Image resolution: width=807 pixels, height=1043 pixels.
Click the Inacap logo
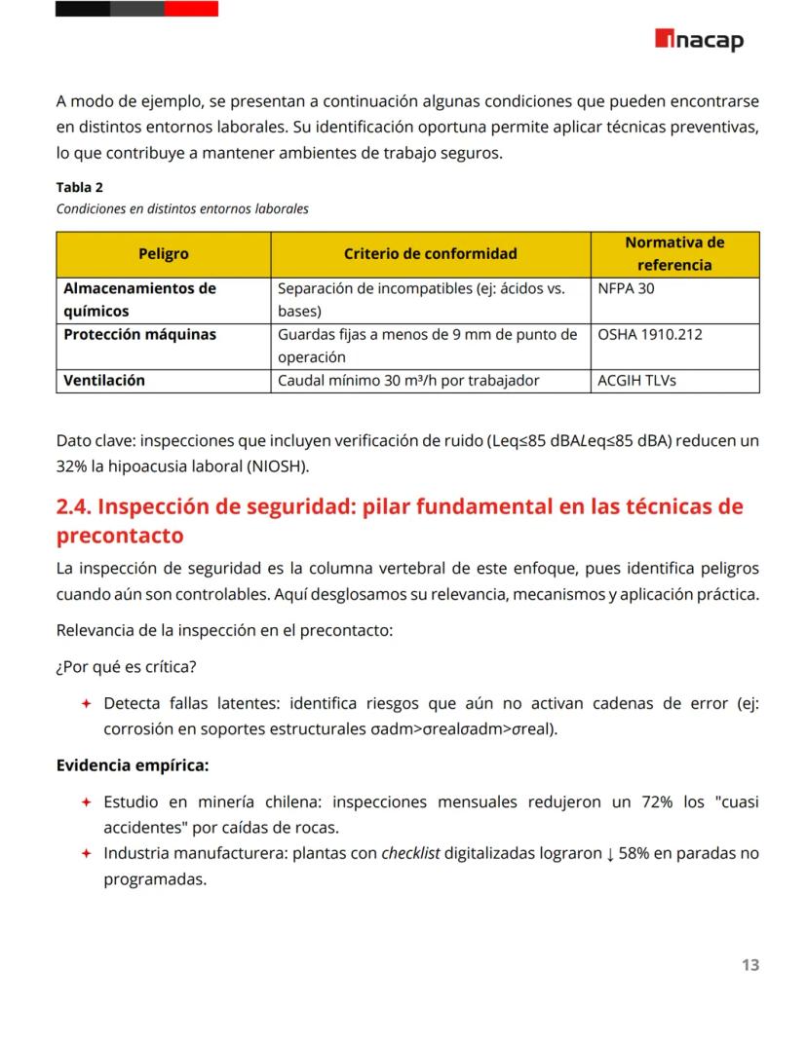[x=699, y=40]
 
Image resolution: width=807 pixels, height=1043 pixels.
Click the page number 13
[x=749, y=965]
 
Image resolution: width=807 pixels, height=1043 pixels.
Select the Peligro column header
[x=163, y=254]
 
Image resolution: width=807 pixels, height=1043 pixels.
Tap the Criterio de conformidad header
[x=430, y=254]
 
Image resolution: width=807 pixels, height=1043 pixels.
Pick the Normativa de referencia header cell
[x=674, y=254]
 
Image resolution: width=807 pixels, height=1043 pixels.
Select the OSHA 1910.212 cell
[x=649, y=335]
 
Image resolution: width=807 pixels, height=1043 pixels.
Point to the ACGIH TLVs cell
[x=636, y=381]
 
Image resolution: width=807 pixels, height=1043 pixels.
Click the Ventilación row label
[x=103, y=381]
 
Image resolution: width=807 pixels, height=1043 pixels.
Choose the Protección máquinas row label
[x=139, y=335]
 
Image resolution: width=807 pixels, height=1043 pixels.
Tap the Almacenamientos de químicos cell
[x=139, y=300]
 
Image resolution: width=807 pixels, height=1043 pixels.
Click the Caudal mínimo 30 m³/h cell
[x=408, y=381]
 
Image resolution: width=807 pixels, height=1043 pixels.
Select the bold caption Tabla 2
[x=79, y=188]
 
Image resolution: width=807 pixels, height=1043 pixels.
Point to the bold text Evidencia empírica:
[x=132, y=765]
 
